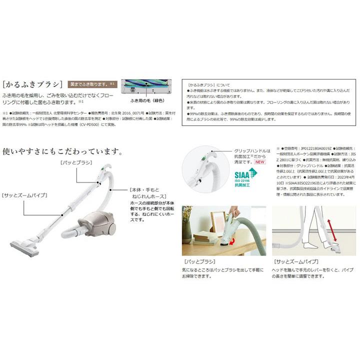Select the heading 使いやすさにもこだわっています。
[x=62, y=150]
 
